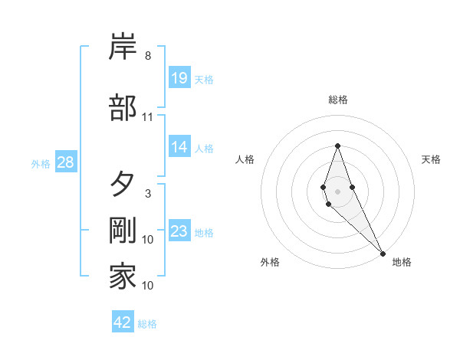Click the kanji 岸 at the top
coord(123,47)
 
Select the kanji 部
coord(123,107)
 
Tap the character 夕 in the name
coord(123,185)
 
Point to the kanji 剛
coord(123,231)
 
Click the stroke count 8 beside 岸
coord(148,56)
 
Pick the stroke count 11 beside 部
coord(148,117)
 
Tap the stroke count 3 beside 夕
coord(148,194)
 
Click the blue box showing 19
coord(179,78)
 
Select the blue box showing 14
coord(179,147)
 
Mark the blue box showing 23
coord(179,231)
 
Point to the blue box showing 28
coord(65,162)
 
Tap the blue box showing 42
coord(123,322)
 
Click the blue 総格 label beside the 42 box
coord(147,324)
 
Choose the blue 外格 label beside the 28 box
coord(41,163)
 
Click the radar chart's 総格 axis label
coord(337,100)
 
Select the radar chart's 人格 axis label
coord(245,159)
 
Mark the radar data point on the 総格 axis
coord(337,146)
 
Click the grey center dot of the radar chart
coord(337,191)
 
